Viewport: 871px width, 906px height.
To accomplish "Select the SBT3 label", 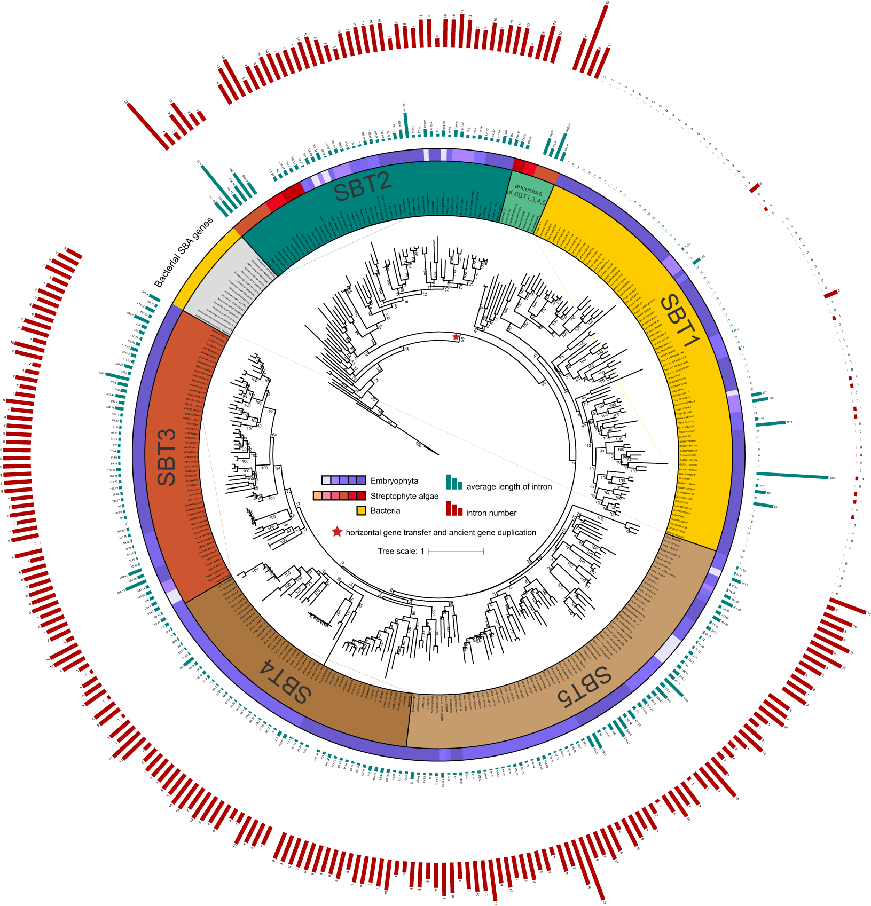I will point(167,457).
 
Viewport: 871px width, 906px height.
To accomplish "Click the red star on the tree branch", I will point(456,337).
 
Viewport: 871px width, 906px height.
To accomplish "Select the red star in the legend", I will point(337,532).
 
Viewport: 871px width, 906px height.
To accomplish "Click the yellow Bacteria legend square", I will point(361,511).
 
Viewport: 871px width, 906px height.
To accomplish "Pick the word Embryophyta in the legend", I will point(394,480).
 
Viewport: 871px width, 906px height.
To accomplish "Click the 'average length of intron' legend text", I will point(509,486).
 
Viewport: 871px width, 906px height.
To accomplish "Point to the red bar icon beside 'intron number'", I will point(454,509).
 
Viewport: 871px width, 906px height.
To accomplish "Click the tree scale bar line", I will point(455,551).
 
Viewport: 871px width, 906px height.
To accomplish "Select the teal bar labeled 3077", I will point(791,475).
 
